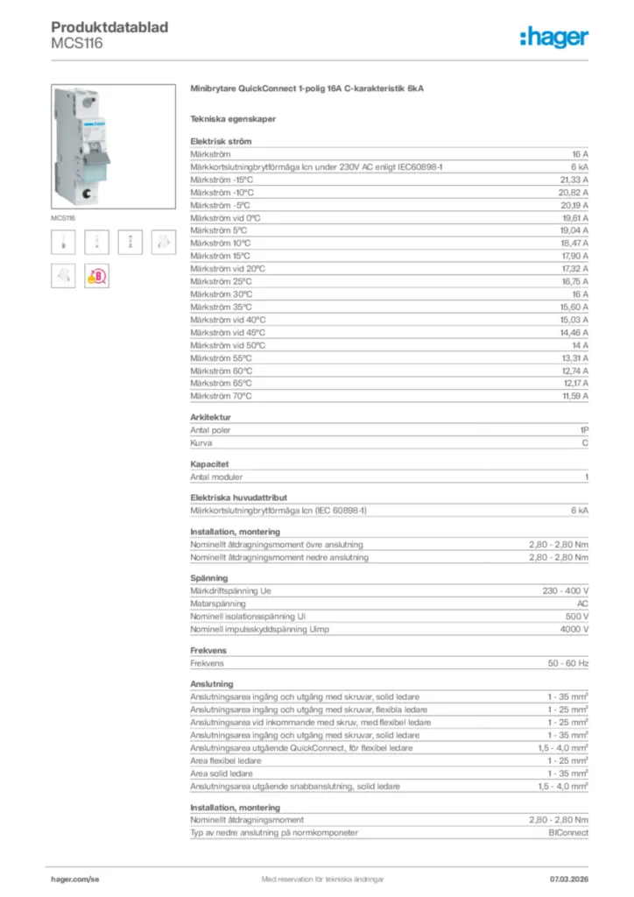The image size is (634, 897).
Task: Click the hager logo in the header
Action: click(553, 37)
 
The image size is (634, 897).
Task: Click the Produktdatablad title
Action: click(109, 27)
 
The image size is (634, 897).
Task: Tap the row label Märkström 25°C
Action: click(221, 281)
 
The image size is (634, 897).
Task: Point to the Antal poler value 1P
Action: click(583, 430)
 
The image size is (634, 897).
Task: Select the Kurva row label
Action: click(201, 443)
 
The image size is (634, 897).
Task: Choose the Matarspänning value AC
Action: click(581, 604)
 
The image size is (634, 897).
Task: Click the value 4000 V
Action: click(574, 629)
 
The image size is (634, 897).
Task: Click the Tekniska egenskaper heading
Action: click(233, 119)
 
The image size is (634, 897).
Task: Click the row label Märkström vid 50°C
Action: click(228, 345)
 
